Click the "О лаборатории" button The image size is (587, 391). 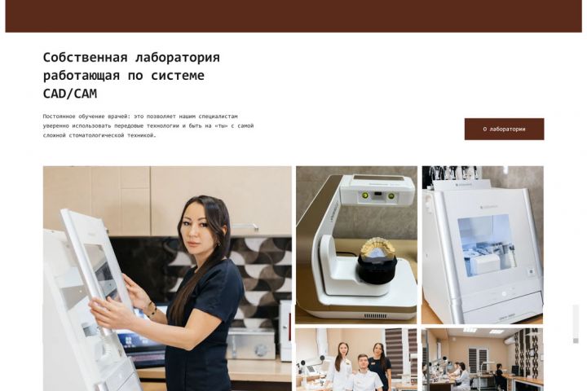coord(505,129)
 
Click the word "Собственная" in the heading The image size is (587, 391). coord(86,58)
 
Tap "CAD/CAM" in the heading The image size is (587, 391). coord(70,94)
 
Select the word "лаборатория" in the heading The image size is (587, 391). coord(178,58)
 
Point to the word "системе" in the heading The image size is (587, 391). coord(178,76)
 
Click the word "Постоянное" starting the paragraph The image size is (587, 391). coord(60,116)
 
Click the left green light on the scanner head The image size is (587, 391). coord(364,195)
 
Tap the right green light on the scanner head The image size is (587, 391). coord(391,195)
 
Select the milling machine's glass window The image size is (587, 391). coord(485,244)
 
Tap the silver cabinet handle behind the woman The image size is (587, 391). coord(244,226)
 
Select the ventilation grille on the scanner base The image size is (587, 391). coord(376,316)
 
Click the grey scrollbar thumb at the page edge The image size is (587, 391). coord(576,323)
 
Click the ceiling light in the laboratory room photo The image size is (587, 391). coord(470,330)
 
